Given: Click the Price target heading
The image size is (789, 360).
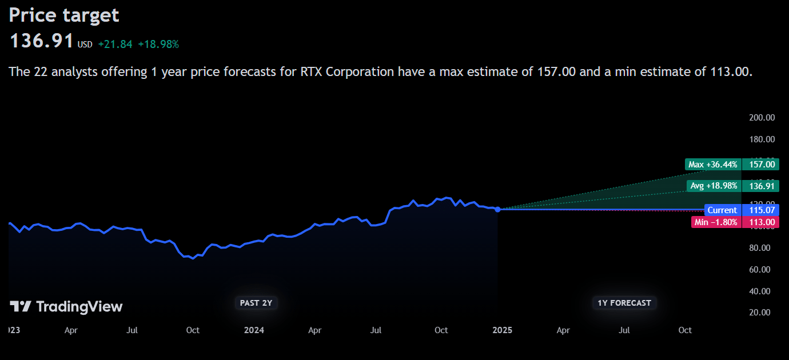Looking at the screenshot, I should (x=64, y=15).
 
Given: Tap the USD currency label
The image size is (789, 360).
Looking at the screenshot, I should (x=85, y=44).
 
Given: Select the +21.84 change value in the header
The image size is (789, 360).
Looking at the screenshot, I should (x=115, y=44).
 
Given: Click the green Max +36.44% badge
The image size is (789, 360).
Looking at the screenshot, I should (x=713, y=165).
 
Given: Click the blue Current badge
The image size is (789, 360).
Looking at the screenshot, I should (x=722, y=210).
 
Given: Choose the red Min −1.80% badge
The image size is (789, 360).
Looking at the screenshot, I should (x=716, y=222).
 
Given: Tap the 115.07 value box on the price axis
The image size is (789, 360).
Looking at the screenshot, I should (x=762, y=210).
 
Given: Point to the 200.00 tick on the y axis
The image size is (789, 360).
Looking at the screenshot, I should (x=762, y=117).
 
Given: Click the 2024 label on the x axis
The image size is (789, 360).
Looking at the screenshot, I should (x=254, y=330).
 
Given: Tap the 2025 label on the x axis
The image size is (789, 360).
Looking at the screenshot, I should (x=502, y=330).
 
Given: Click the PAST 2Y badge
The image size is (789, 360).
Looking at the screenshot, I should (x=256, y=303).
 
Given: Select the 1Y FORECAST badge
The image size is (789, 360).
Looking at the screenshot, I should (x=624, y=303).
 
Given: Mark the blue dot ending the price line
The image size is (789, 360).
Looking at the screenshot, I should (x=497, y=210).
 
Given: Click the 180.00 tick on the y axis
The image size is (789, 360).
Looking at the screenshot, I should (x=762, y=139).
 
